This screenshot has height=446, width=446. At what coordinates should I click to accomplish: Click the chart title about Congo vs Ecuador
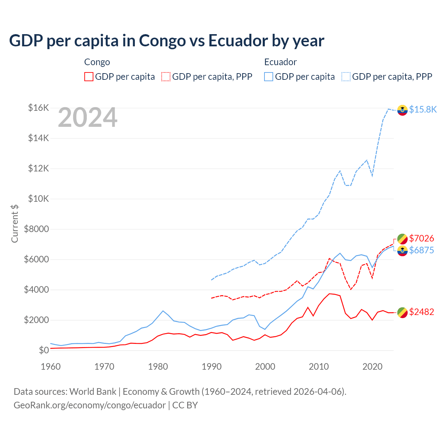coord(167,40)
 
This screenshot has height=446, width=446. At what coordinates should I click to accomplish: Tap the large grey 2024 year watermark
coord(87,118)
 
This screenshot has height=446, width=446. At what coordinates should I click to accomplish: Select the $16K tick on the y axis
coord(38,108)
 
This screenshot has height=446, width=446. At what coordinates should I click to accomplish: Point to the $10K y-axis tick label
coord(38,199)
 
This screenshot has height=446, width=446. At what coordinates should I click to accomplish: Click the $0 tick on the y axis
coord(44,350)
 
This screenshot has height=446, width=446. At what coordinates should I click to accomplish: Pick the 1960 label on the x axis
coord(51,367)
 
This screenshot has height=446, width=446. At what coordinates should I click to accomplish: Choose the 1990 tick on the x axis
coord(212,367)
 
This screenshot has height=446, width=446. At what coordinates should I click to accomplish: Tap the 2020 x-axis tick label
coord(372,367)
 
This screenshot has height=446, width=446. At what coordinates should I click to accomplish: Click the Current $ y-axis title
coord(15,224)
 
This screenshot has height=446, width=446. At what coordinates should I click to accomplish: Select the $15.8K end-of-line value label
coord(423,109)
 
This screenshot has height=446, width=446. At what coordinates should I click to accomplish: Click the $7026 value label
coord(421,238)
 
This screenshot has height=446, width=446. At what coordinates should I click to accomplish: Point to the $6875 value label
coord(421,250)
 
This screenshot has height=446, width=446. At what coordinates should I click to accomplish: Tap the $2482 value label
coord(421,312)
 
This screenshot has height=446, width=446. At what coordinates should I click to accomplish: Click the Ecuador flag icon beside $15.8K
coord(402,110)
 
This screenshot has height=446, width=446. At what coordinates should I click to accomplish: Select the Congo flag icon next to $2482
coord(402,313)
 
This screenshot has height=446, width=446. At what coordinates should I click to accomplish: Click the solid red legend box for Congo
coord(89,77)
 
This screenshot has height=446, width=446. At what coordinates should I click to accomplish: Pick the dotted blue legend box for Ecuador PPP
coord(346,77)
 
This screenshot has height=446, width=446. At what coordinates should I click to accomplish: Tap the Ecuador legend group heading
coord(280,62)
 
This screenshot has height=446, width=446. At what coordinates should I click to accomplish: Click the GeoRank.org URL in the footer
coord(90,405)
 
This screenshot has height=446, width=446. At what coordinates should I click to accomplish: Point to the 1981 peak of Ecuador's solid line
coord(163,311)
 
